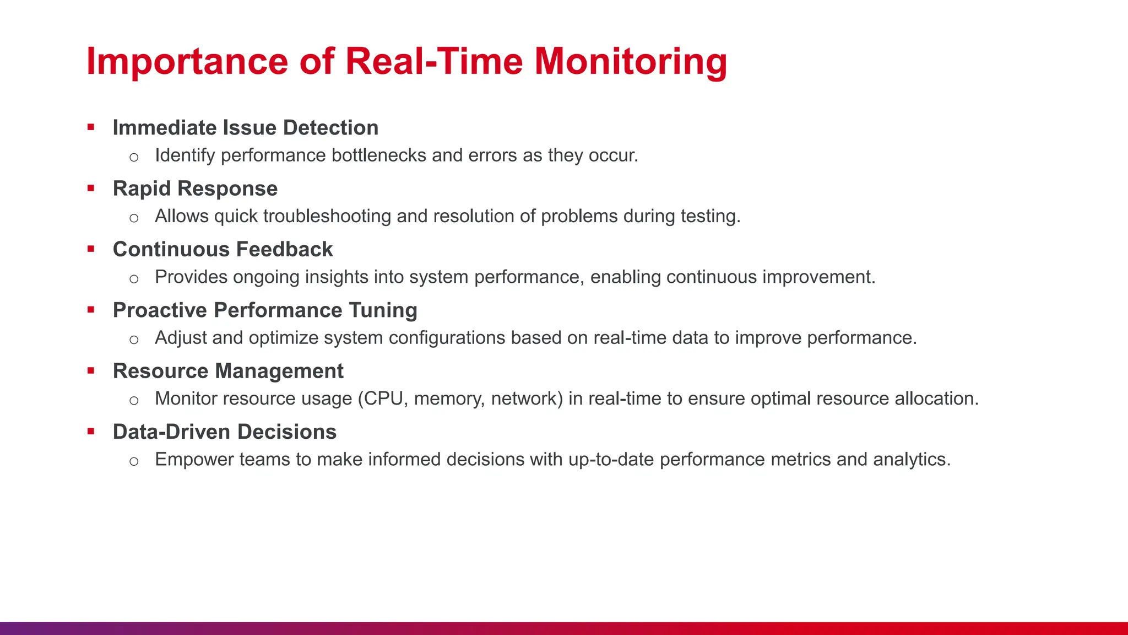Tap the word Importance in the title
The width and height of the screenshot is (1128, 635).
[187, 61]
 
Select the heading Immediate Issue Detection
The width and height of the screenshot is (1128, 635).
[246, 128]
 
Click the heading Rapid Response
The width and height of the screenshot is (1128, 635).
[195, 189]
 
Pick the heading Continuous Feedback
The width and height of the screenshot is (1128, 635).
[223, 250]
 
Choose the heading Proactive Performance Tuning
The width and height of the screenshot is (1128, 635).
[265, 310]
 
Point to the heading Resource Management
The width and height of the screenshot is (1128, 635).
[228, 371]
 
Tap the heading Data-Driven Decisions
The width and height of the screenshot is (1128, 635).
[225, 432]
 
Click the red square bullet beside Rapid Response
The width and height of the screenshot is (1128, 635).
[91, 189]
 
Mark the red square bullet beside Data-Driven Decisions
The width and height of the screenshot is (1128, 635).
[91, 432]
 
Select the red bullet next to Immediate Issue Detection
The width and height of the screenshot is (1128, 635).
[91, 128]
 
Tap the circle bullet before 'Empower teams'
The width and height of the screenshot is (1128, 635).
[134, 461]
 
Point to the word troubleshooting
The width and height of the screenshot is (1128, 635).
[327, 216]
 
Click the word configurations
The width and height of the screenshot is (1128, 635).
[447, 338]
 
